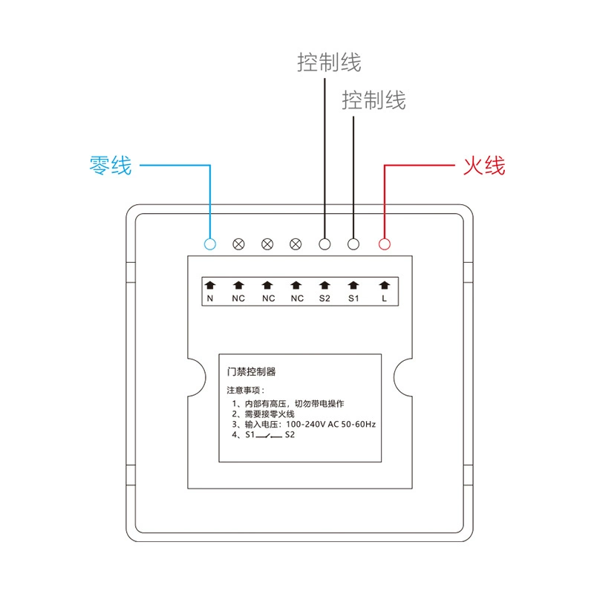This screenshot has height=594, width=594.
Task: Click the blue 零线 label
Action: (111, 166)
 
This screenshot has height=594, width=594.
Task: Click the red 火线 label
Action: (485, 166)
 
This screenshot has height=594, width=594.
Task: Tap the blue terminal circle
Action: (210, 244)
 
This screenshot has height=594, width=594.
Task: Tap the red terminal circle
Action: (384, 244)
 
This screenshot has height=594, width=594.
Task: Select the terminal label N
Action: (210, 298)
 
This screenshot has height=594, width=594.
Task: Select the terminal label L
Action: (384, 298)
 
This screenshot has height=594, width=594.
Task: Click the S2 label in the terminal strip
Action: (324, 298)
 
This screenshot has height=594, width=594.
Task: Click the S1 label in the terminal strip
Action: (353, 298)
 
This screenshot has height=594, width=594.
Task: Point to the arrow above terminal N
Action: (210, 285)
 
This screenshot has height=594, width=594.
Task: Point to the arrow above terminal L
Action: (384, 285)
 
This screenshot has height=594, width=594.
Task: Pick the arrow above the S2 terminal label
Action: (324, 285)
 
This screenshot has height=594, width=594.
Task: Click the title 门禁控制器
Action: (251, 372)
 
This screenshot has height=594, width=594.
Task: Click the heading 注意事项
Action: (244, 391)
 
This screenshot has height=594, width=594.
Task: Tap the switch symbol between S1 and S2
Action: (269, 436)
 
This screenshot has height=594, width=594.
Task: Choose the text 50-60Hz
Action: (359, 424)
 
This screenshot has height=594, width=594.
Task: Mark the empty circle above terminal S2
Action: (324, 244)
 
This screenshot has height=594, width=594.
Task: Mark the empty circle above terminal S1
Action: (353, 244)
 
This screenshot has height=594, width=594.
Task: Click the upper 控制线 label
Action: (329, 62)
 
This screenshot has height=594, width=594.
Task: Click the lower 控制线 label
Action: (374, 100)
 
